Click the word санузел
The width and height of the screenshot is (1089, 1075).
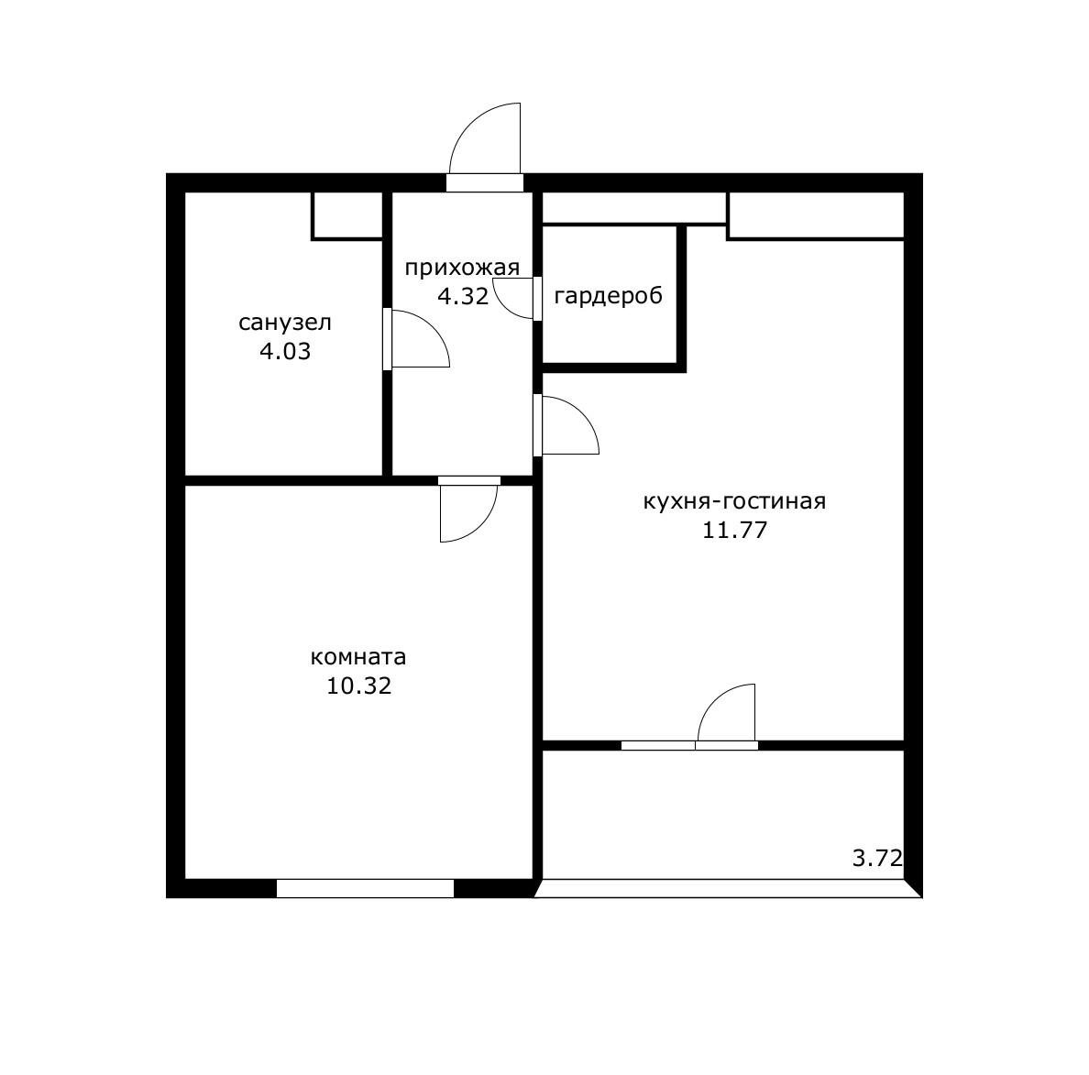285,323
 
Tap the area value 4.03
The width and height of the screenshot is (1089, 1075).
285,351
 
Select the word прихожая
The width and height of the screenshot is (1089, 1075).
462,268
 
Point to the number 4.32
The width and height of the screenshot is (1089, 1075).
463,297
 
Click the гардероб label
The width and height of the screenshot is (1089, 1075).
609,296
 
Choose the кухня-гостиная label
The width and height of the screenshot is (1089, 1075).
735,501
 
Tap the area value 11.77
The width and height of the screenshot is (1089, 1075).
735,530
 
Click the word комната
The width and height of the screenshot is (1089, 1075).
358,657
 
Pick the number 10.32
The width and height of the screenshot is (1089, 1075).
359,686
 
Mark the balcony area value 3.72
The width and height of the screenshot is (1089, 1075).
878,859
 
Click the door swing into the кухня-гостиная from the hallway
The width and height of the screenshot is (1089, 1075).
582,413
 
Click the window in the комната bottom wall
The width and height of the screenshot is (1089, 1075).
366,888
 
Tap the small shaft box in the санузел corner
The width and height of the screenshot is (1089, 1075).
347,216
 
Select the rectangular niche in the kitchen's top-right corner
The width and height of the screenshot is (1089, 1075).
815,216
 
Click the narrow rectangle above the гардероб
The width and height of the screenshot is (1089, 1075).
634,208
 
